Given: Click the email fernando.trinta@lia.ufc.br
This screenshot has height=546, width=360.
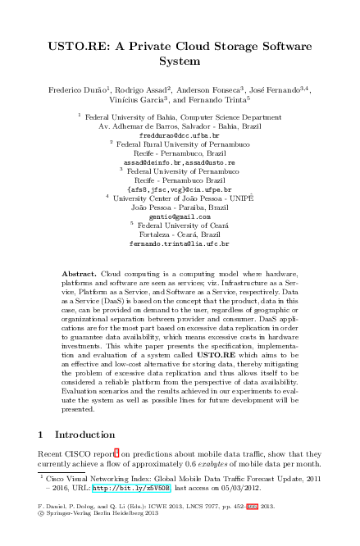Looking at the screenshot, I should click(179, 243).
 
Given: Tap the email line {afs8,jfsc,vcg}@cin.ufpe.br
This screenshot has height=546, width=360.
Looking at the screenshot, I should click(179, 189).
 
